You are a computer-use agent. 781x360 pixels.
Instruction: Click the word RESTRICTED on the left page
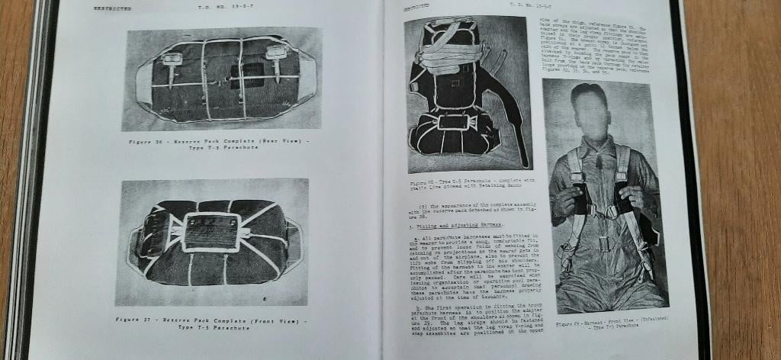(112, 8)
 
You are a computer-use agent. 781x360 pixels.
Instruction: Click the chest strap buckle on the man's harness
(603, 211)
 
